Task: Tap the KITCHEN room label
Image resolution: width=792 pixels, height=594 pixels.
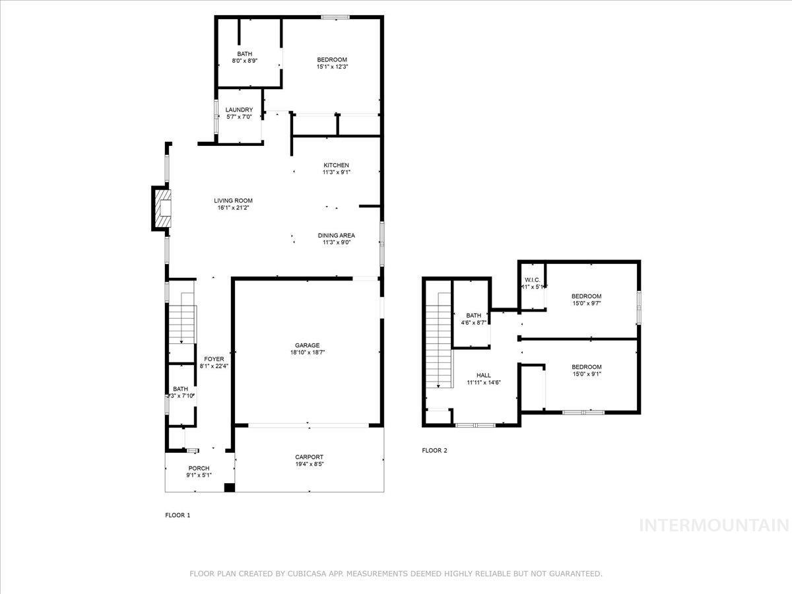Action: [336, 165]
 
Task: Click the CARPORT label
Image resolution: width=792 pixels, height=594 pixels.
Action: [309, 457]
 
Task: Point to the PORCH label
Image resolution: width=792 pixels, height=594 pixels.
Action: [199, 469]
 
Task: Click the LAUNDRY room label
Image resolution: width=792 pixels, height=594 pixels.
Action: [239, 110]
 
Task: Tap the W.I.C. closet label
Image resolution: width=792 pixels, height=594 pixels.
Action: [533, 279]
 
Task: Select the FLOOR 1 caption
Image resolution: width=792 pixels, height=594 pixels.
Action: [178, 515]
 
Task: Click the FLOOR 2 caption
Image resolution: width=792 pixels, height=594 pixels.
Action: [434, 451]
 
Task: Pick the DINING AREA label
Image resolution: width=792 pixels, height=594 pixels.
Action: [337, 235]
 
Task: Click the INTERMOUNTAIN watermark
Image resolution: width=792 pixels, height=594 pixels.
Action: [715, 525]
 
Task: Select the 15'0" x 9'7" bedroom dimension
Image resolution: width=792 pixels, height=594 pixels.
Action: [586, 304]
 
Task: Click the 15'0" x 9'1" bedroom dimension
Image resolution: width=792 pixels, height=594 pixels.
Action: [586, 374]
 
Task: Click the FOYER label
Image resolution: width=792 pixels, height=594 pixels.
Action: [214, 359]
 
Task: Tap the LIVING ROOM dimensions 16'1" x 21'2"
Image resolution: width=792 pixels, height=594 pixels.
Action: [233, 208]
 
